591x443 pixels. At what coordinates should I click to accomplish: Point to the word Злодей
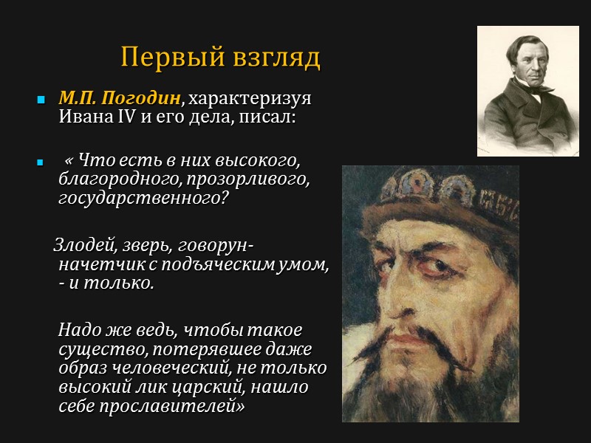pos(79,245)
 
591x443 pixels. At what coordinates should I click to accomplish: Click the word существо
pos(95,348)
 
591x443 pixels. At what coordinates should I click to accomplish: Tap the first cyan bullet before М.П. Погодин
pos(41,99)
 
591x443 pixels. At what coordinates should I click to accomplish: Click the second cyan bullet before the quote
pos(41,161)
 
